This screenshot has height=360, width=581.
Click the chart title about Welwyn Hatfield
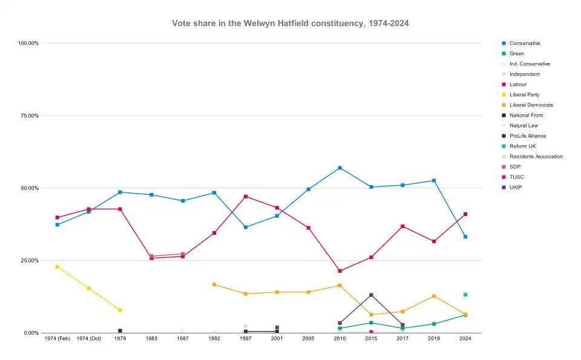coord(290,23)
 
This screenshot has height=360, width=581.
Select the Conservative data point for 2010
coord(340,168)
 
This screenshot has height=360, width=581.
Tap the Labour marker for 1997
coord(246,197)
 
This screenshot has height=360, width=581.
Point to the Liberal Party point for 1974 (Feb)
coord(57,267)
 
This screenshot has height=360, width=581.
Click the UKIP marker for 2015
coord(371,295)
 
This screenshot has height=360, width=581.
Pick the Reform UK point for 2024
coord(465,295)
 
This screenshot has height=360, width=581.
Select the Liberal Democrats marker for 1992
coord(214,284)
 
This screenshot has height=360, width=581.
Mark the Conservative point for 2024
coord(465,237)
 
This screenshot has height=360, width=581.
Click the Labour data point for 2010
coord(340,271)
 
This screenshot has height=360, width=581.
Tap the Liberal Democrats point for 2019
coord(434,296)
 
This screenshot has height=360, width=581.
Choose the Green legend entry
coord(516,54)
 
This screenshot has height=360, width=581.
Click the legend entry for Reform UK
coord(522,146)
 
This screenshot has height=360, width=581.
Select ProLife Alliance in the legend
coord(527,136)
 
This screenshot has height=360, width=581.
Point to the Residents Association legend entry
coord(536,157)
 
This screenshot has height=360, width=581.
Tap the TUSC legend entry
coord(516,177)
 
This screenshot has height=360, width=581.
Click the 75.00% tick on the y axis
coord(28,116)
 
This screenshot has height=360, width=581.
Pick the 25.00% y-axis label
coord(28,261)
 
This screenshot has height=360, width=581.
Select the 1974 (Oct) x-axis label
coord(89,339)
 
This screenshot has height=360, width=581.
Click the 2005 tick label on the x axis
coord(309,339)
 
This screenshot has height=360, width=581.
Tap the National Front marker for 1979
coord(120,331)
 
